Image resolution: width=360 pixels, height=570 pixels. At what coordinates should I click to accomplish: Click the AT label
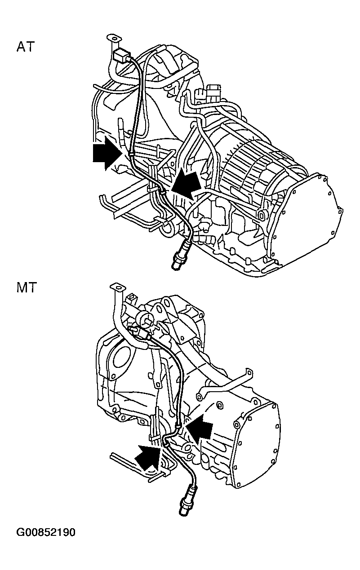pos(26,47)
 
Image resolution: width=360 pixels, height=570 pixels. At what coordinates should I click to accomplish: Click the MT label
pos(27,287)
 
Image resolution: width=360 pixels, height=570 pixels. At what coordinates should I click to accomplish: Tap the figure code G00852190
pos(46,532)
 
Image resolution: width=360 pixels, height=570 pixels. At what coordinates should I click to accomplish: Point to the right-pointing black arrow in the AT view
pos(107,153)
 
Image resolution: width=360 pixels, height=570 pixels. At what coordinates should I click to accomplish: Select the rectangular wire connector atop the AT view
pos(121,55)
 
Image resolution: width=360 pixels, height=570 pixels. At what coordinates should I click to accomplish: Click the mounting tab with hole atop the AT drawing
pos(114,38)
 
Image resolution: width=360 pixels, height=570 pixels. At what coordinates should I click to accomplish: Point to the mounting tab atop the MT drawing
pos(118,287)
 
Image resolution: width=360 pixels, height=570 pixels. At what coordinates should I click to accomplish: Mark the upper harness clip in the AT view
pos(131,154)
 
